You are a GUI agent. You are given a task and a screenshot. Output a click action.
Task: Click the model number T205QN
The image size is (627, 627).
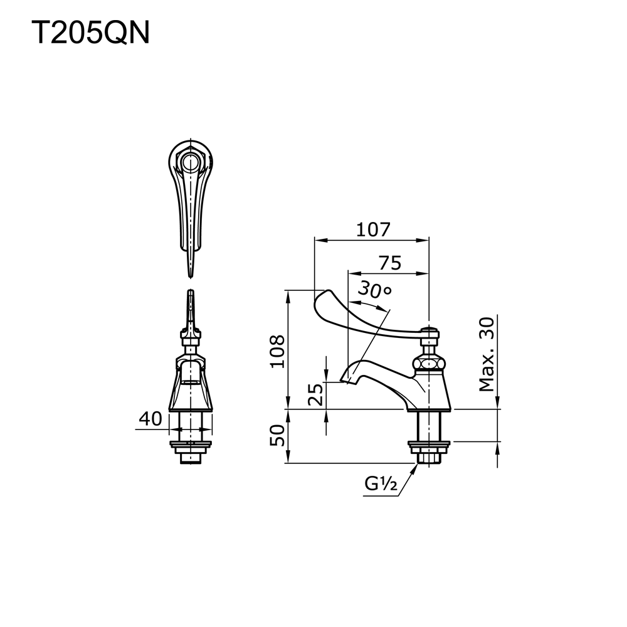point(90,33)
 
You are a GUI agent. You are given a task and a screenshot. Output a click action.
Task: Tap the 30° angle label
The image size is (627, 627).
point(374,290)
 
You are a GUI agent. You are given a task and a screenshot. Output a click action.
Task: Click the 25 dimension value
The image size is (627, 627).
point(317,395)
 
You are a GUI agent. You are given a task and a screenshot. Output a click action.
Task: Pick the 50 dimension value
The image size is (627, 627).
point(278,435)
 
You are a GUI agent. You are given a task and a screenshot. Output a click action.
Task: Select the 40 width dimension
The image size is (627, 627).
point(150,419)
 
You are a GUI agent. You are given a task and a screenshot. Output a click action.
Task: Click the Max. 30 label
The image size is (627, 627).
point(487,354)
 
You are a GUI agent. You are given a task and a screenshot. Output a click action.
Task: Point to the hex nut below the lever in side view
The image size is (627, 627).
point(428,363)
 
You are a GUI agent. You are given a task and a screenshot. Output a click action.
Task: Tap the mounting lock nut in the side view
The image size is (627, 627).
point(429,446)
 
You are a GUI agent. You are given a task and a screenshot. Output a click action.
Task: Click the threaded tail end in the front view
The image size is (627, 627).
point(190,459)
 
